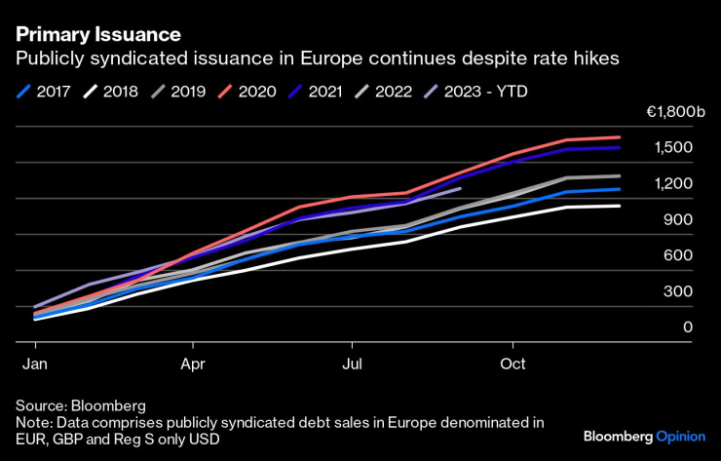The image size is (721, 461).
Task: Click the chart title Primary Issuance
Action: pos(98,33)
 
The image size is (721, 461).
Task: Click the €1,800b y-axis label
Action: pos(674,112)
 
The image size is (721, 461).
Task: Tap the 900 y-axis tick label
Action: pos(679,219)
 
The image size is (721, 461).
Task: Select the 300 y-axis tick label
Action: pos(679,291)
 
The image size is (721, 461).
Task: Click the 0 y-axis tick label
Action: pos(688,327)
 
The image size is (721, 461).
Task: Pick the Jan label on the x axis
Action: pos(35,364)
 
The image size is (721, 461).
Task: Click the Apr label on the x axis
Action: pos(194,364)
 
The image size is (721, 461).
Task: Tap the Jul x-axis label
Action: pos(353,364)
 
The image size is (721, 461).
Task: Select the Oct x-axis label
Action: pos(512,364)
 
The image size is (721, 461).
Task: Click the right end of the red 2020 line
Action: pos(620,137)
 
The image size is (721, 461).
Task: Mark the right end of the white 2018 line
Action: pos(620,206)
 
